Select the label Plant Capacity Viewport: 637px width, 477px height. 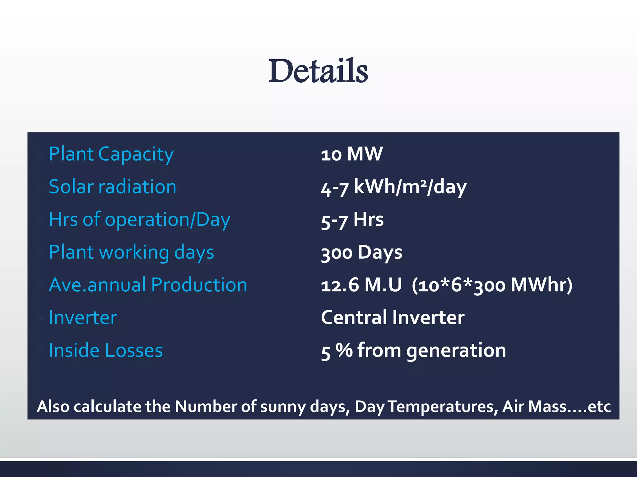click(111, 154)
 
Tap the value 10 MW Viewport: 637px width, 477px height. click(352, 154)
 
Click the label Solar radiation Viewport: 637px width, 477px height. click(112, 187)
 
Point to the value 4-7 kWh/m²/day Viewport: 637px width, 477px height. click(393, 188)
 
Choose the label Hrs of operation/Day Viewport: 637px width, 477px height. click(139, 220)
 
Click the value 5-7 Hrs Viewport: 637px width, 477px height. click(352, 220)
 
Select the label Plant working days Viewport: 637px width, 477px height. click(131, 252)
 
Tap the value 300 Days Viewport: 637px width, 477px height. click(361, 252)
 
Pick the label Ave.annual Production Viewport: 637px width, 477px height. click(148, 285)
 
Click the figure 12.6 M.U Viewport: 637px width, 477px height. click(361, 285)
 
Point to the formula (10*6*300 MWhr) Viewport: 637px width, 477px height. click(492, 285)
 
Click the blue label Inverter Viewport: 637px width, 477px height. click(83, 318)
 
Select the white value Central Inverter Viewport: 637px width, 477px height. click(393, 318)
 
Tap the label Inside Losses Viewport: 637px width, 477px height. click(106, 351)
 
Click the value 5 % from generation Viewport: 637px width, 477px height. click(413, 351)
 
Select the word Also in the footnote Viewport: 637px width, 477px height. click(53, 407)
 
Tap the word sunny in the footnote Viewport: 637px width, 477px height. click(283, 407)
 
